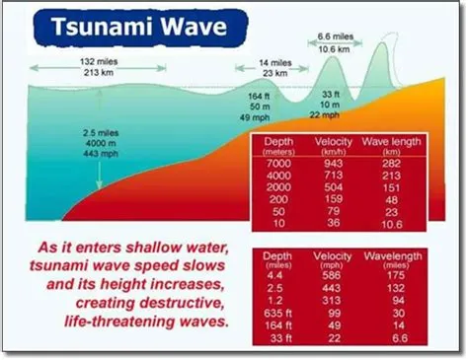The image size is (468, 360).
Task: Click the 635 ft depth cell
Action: tap(279, 312)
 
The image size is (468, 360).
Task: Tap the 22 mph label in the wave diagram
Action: tap(325, 115)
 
